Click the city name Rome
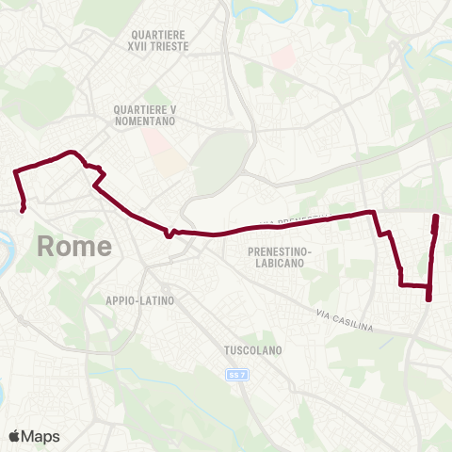(x=74, y=247)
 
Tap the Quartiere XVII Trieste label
(x=162, y=40)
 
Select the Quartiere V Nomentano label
(x=144, y=115)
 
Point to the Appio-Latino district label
(x=140, y=299)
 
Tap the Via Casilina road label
(x=345, y=319)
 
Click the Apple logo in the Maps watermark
(x=15, y=436)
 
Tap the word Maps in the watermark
(x=41, y=436)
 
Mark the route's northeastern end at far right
(x=436, y=218)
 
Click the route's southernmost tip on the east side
(x=428, y=299)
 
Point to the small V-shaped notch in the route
(x=169, y=235)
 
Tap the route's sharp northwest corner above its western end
(x=14, y=171)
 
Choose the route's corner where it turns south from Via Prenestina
(x=375, y=213)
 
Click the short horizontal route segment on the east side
(x=414, y=284)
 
